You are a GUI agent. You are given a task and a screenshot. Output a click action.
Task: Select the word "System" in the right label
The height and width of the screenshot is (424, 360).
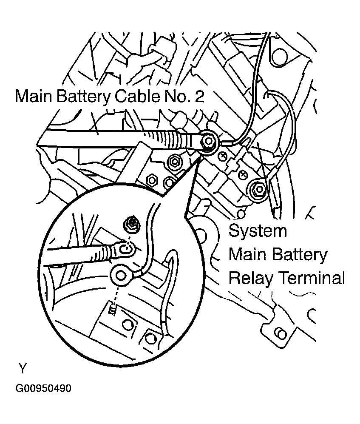pyautogui.click(x=258, y=232)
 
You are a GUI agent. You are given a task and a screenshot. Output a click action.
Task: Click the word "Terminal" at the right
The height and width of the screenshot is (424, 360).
pyautogui.click(x=311, y=279)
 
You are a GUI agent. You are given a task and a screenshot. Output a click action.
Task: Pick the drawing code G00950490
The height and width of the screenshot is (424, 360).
pyautogui.click(x=43, y=389)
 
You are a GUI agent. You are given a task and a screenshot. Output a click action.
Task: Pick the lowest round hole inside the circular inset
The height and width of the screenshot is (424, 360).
pyautogui.click(x=150, y=338)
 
